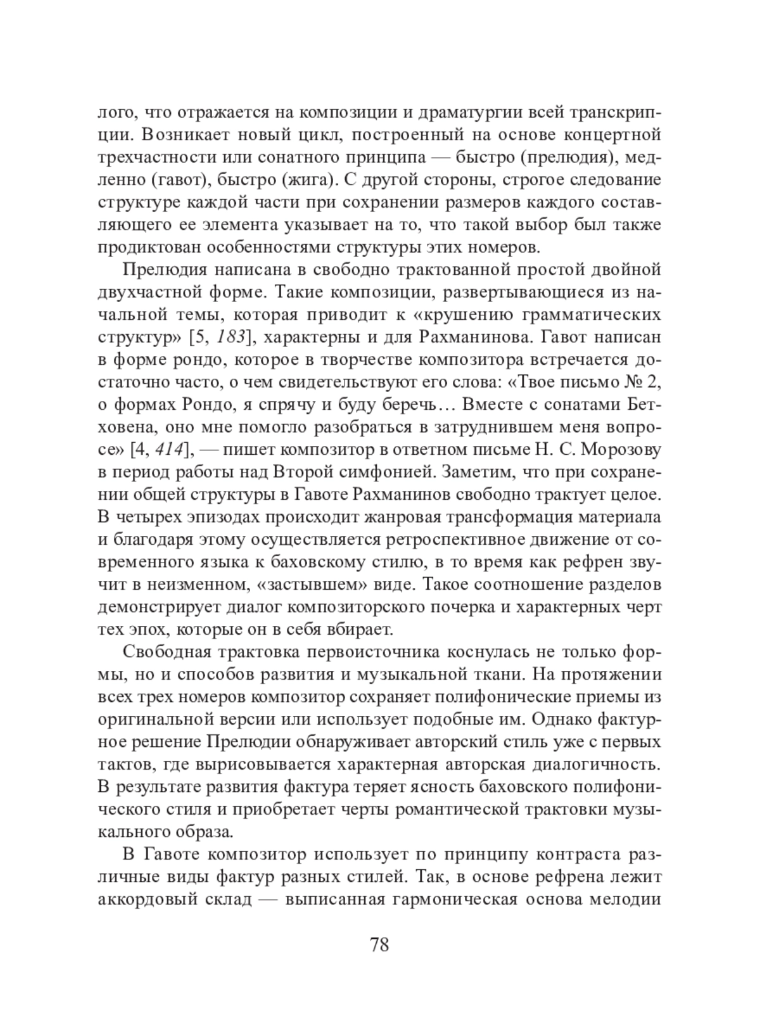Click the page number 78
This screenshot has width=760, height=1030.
379,945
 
